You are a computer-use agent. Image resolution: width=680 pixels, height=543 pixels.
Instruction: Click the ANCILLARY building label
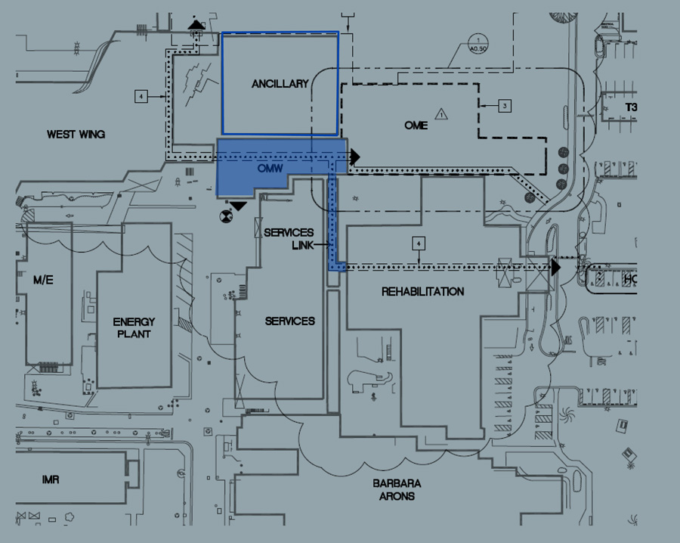coord(280,84)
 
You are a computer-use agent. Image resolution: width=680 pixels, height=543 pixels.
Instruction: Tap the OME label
coord(416,125)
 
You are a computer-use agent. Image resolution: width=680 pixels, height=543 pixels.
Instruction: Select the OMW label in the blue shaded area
coord(270,168)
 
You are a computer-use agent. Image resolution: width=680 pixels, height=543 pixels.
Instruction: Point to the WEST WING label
coord(76,135)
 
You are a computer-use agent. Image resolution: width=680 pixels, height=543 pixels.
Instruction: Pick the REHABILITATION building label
coord(422,291)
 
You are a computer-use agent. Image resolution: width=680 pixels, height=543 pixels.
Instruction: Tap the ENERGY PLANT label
coord(134,327)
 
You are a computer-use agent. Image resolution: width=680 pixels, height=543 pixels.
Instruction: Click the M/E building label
coord(43,281)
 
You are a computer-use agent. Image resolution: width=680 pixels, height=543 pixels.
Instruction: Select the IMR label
coord(51,479)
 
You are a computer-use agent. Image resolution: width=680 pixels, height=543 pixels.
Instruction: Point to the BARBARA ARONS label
coord(397,490)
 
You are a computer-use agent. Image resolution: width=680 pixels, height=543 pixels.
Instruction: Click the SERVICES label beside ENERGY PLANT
coord(289,321)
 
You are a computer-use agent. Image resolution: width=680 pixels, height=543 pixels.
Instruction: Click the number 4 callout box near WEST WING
coord(141,96)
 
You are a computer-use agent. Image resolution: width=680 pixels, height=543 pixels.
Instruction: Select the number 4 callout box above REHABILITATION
coord(418,244)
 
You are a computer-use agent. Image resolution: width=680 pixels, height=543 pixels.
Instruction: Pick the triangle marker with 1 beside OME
coord(443,115)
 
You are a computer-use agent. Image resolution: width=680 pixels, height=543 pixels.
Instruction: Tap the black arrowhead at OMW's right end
coord(354,157)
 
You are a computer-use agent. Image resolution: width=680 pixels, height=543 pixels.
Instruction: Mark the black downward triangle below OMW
coord(239,206)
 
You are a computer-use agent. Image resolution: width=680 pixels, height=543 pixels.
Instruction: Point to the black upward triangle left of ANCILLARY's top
coord(196,26)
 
